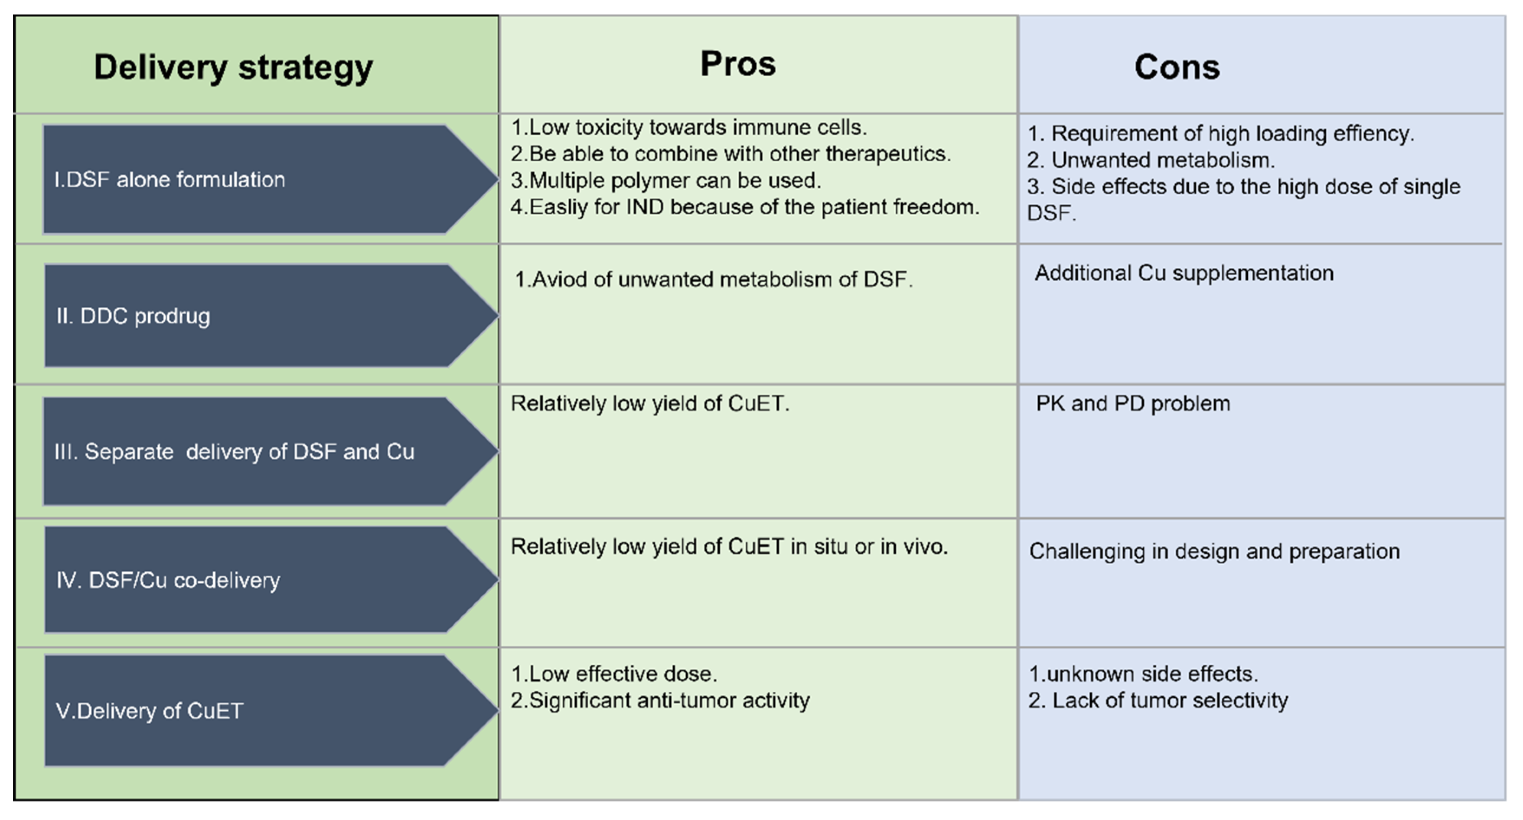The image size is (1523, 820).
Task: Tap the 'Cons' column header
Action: click(x=1177, y=67)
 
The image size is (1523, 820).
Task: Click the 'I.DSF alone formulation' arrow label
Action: click(x=170, y=180)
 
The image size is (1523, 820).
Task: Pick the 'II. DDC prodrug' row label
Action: click(x=133, y=316)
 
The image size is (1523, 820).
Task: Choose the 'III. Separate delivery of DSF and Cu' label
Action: click(x=234, y=452)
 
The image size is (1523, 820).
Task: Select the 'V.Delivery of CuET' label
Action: click(x=149, y=711)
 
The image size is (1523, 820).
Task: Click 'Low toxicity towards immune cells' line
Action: click(x=689, y=127)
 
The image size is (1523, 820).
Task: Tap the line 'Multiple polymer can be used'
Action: click(x=666, y=180)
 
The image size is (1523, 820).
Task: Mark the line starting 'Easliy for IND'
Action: click(x=745, y=207)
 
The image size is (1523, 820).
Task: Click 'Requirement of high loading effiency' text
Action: click(x=1220, y=134)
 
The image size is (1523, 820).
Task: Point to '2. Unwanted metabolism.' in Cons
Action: click(x=1151, y=160)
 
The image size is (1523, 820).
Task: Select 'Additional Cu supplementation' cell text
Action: click(x=1184, y=273)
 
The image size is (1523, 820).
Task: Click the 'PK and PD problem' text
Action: click(x=1133, y=404)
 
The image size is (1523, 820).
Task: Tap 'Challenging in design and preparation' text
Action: click(x=1214, y=552)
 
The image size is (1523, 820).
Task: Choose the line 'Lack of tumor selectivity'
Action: click(x=1158, y=701)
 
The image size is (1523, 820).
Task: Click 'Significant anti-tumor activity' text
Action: click(x=660, y=701)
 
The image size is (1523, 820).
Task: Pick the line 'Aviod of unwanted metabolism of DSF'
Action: click(x=714, y=280)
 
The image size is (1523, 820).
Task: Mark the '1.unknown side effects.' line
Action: click(x=1143, y=674)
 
